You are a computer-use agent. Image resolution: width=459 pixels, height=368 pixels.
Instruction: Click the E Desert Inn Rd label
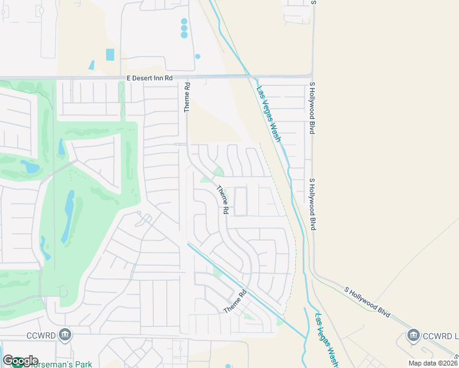click(x=150, y=79)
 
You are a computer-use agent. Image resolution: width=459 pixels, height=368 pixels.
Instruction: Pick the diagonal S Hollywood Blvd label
click(x=368, y=301)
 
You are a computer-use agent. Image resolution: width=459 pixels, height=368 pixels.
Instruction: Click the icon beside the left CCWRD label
click(x=66, y=335)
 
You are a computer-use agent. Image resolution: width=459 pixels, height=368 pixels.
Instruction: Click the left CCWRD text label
click(x=42, y=335)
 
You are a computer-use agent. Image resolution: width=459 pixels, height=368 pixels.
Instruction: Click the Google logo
click(x=20, y=361)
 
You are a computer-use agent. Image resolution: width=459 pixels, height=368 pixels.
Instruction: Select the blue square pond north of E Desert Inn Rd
click(x=110, y=55)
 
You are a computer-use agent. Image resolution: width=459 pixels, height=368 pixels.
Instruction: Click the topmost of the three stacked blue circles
click(x=184, y=21)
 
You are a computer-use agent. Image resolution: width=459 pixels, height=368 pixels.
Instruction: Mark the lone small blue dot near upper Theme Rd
click(x=198, y=56)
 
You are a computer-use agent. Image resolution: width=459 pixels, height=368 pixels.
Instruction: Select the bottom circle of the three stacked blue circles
click(x=184, y=35)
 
